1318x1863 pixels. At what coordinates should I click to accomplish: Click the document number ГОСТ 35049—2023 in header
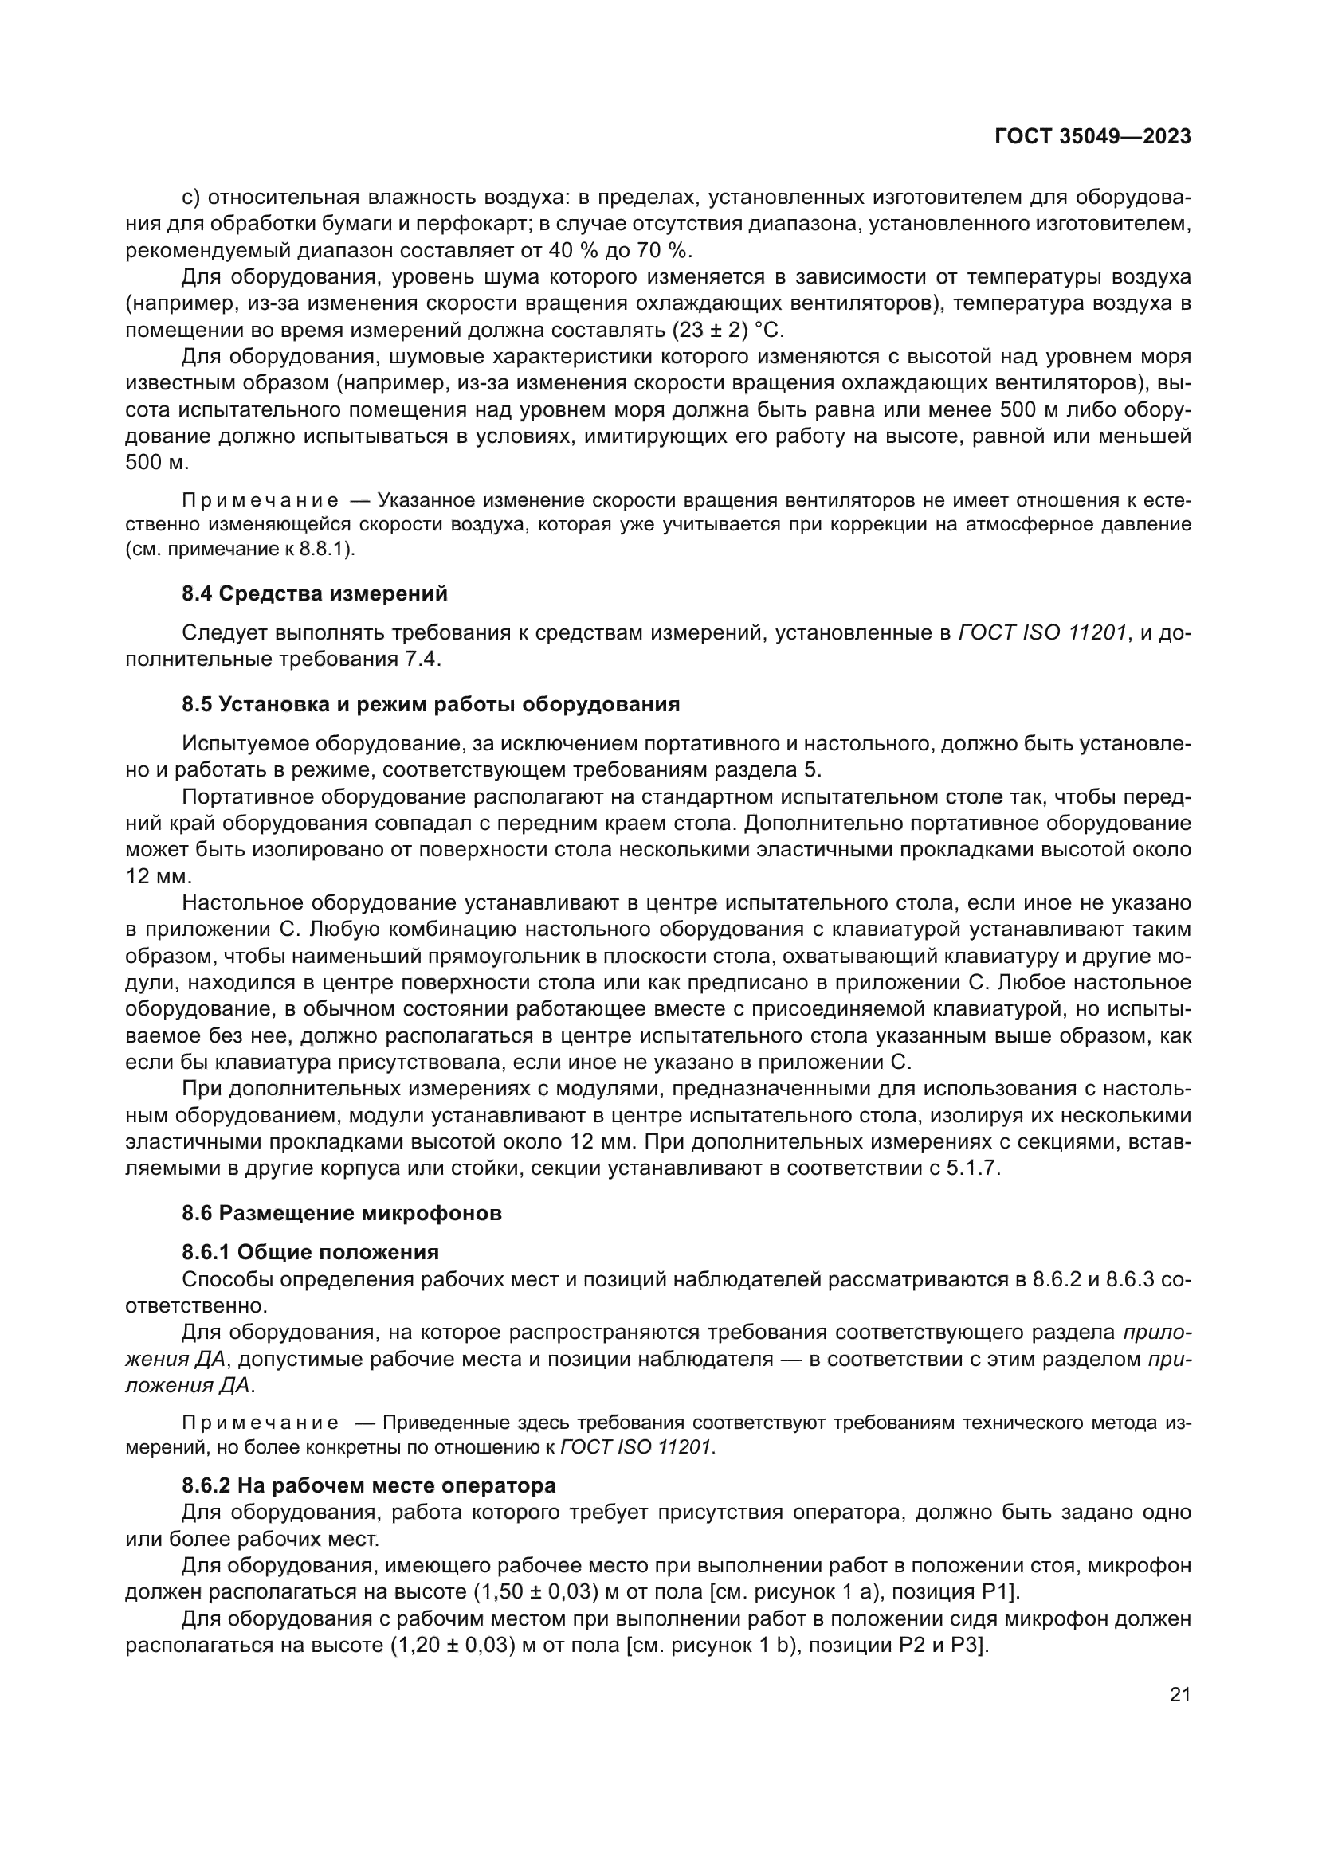(x=1092, y=136)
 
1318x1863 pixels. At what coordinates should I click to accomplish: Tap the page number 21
(x=1180, y=1694)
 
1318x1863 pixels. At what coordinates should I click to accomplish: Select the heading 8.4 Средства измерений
(x=314, y=593)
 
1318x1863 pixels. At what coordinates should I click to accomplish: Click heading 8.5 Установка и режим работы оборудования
(x=430, y=703)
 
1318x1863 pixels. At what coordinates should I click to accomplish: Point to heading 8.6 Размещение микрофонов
(x=342, y=1213)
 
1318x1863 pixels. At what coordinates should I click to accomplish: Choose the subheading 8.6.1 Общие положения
(x=310, y=1252)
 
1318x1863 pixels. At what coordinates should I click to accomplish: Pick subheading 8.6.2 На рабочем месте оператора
(x=368, y=1485)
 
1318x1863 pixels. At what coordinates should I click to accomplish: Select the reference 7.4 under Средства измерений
(x=422, y=659)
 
